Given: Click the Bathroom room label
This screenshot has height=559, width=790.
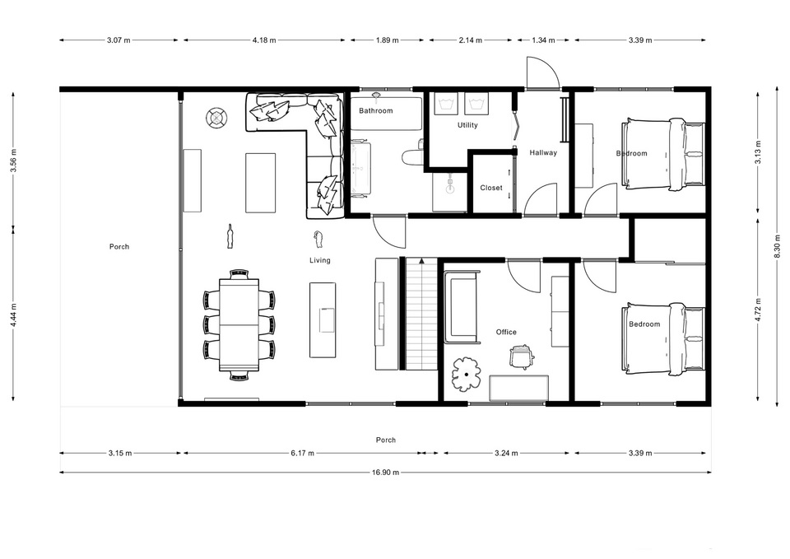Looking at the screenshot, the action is coord(375,111).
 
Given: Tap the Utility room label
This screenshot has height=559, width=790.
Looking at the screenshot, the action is coord(467,125).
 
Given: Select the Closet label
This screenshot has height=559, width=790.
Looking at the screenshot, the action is coord(491,188).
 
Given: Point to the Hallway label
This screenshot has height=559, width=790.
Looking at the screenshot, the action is coord(543,152).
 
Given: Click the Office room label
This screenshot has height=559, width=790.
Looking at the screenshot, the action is coord(506,332).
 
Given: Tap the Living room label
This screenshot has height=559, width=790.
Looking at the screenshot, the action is coord(320,260).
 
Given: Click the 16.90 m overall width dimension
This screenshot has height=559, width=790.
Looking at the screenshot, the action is coord(385,473).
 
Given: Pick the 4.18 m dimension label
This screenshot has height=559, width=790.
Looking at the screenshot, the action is coord(264,40).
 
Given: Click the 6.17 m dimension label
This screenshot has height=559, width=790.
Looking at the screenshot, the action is coord(302,453).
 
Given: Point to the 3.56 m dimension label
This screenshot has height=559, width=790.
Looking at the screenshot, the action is coord(14,161).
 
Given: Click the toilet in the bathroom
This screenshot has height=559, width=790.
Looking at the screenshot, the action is coord(413,156).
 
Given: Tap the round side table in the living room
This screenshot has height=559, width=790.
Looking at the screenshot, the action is coord(216,118).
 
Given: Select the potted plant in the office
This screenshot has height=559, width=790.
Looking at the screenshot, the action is coord(467,375).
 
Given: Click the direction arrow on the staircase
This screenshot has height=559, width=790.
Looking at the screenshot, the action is coord(421,261).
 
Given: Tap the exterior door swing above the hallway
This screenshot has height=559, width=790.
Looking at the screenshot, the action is coord(542,73).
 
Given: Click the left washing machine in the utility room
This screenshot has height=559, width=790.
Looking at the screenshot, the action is coord(446,104).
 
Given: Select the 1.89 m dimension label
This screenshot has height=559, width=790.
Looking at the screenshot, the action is coord(387,40).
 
